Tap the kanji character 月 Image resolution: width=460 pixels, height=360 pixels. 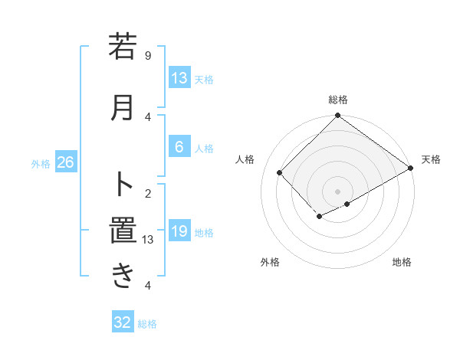(x=123, y=107)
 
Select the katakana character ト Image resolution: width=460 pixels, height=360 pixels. (x=123, y=184)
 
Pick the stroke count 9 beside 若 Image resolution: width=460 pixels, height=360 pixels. (x=148, y=55)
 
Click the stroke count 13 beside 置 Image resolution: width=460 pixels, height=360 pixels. (x=148, y=240)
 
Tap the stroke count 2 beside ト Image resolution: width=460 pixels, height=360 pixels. (x=148, y=193)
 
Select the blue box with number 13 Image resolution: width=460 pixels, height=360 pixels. (x=179, y=78)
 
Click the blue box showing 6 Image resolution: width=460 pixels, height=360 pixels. (x=179, y=148)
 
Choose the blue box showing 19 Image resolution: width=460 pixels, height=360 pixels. (x=179, y=231)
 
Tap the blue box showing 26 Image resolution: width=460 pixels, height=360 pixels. (x=66, y=162)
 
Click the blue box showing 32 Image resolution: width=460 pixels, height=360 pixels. (x=123, y=322)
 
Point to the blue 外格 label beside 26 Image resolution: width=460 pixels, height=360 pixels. (x=41, y=163)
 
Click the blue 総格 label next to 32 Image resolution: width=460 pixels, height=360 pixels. (x=147, y=324)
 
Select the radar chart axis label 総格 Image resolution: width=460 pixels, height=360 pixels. (x=338, y=100)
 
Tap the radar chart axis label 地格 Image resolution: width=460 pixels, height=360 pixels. (x=402, y=262)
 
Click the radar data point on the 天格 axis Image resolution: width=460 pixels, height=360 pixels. (x=411, y=169)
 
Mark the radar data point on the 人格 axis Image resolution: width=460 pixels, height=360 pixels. (x=280, y=173)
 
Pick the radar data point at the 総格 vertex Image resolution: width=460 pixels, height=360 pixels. (x=337, y=116)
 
